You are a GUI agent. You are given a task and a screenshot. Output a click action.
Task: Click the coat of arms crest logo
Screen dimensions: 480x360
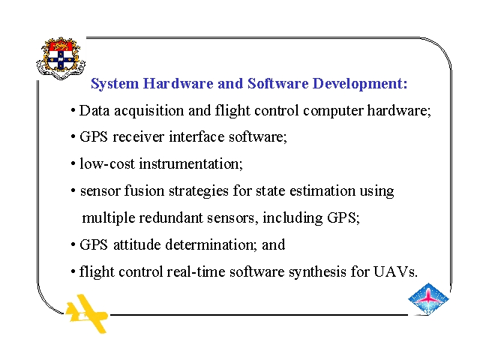click(x=61, y=58)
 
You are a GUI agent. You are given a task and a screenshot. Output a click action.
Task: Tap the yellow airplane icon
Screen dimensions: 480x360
click(x=87, y=313)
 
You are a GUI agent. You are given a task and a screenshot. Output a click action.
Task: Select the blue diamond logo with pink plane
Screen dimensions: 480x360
click(x=428, y=299)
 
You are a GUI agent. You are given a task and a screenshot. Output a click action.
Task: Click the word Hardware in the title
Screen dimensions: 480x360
click(x=178, y=83)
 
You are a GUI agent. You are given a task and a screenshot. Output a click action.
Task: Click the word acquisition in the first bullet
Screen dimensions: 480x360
click(x=149, y=111)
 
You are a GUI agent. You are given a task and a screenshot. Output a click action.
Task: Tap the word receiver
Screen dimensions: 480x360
click(x=138, y=136)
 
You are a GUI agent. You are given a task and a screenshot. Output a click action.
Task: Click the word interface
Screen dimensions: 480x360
click(x=196, y=136)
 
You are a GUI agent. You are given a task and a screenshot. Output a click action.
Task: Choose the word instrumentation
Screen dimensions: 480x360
click(x=191, y=164)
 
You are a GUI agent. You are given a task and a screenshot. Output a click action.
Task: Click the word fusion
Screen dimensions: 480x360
click(x=144, y=190)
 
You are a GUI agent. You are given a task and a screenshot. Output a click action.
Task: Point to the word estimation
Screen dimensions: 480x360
click(x=322, y=191)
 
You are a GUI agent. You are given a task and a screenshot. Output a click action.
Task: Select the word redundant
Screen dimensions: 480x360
click(x=171, y=218)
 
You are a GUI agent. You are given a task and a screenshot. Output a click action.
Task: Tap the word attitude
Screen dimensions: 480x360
click(x=137, y=244)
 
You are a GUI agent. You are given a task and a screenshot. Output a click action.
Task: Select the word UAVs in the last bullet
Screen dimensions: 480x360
click(x=395, y=271)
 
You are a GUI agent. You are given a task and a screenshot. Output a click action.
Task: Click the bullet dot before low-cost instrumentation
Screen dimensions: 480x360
click(x=73, y=164)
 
